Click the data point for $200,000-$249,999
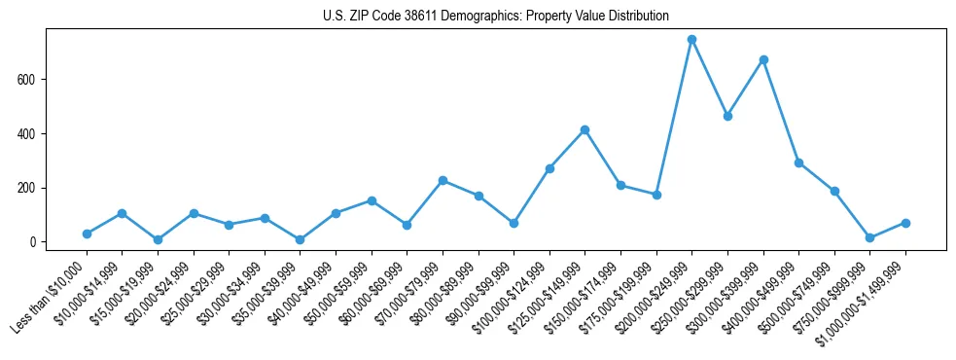coord(691,40)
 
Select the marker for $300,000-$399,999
coord(763,59)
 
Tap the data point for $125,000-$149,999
coord(584,129)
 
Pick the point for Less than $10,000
coord(87,234)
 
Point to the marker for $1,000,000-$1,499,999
coord(905,223)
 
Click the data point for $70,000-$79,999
coord(443,180)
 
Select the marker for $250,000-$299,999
coord(727,116)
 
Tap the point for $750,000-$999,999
coord(869,237)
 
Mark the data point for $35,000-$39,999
coord(300,239)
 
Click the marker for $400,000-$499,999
coord(798,162)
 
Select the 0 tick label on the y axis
coord(33,242)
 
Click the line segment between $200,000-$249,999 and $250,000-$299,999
coord(710,78)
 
